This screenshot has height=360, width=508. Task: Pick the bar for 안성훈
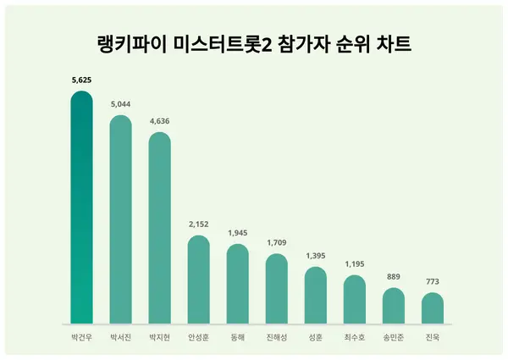pos(198,280)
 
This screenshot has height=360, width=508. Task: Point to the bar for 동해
pos(237,284)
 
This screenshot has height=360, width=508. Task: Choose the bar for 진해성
pos(276,289)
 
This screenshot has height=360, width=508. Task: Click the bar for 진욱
pos(432,308)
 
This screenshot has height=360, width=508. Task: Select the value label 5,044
pos(120,105)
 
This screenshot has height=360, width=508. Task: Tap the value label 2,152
pos(198,224)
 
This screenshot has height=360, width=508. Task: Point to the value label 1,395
pos(315,256)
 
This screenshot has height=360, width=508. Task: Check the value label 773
pos(432,282)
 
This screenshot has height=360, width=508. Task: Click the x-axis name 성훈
pos(315,337)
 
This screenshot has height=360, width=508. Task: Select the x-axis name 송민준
pos(393,337)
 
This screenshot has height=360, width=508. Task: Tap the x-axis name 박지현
pos(159,337)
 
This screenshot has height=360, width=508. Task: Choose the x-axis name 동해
pos(237,337)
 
